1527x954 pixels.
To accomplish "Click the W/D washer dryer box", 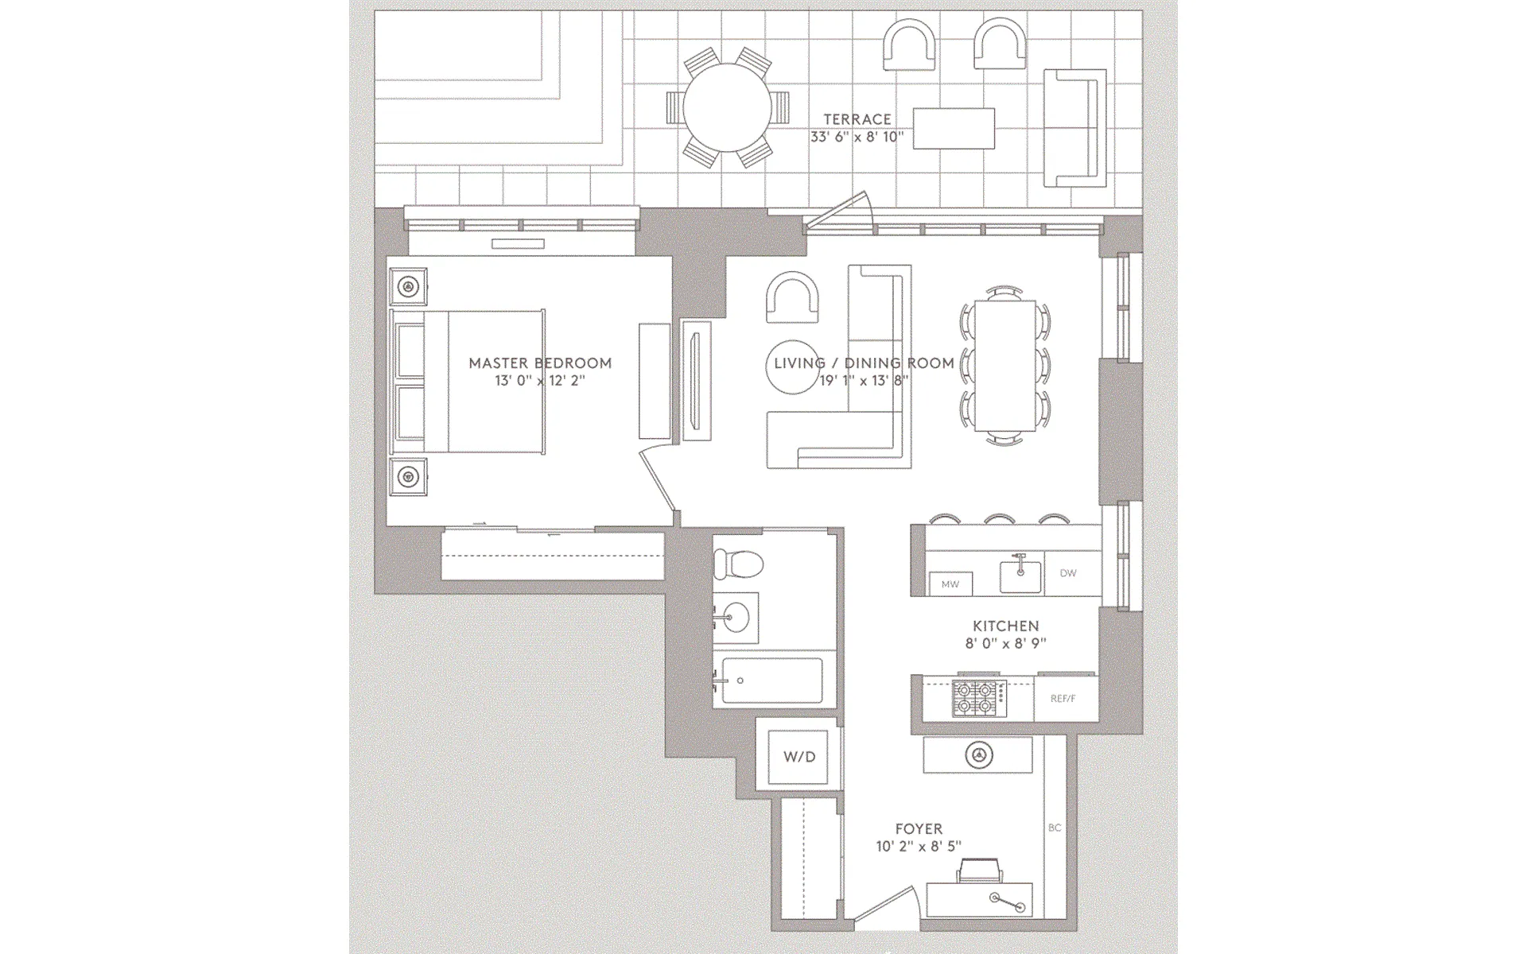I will [798, 756].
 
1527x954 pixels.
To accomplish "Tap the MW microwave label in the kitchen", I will [950, 584].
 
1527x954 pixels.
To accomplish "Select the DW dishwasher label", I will [1067, 573].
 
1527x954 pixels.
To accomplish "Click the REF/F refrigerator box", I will [1063, 699].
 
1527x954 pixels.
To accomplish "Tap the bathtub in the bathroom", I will [771, 681].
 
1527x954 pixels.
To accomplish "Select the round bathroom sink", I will [736, 617].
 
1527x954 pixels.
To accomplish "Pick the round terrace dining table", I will [727, 107].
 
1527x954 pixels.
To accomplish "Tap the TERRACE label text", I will [857, 119].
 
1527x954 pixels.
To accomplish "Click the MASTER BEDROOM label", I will [540, 363].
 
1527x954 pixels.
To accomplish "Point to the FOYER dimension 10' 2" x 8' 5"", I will [919, 847].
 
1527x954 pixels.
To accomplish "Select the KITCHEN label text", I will [1005, 626].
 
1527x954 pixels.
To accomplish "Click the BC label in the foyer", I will [1055, 828].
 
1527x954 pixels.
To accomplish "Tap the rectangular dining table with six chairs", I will [1005, 365].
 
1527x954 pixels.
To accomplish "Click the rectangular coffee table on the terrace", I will [954, 128].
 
